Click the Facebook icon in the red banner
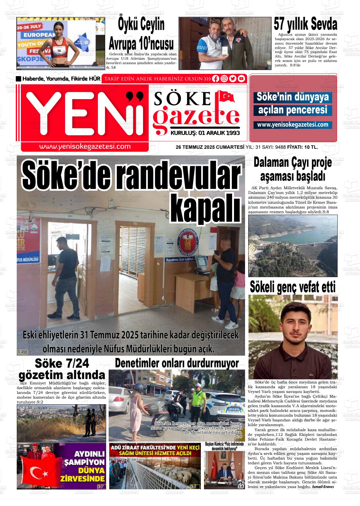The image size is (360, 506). click(216, 79)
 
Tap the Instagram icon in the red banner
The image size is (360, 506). click(225, 79)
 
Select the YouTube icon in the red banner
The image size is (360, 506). click(242, 79)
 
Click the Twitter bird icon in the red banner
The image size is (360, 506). click(233, 79)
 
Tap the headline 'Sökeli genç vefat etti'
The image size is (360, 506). click(293, 287)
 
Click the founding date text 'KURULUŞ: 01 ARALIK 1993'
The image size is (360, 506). click(205, 133)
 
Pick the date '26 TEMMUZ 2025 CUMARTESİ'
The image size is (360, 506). click(210, 147)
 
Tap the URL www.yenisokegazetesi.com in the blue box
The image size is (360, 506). click(293, 125)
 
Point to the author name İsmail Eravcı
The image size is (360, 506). click(323, 487)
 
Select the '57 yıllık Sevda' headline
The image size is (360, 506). click(305, 24)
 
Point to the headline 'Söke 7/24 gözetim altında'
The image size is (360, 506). click(62, 369)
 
